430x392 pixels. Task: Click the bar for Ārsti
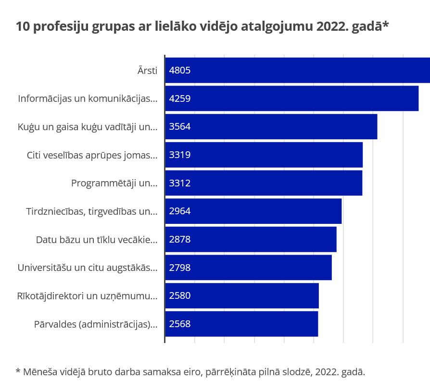point(297,70)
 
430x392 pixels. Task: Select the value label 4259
point(180,99)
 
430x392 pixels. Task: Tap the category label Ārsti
point(147,71)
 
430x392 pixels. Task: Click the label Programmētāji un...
point(114,183)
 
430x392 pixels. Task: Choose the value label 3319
point(180,155)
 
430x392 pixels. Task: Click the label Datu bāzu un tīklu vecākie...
point(97,239)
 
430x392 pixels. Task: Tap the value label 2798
point(180,268)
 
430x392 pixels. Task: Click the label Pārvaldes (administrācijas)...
point(96,324)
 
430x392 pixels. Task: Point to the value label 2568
point(180,324)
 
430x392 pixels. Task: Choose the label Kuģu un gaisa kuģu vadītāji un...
point(88,127)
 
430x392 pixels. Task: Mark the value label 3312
point(180,183)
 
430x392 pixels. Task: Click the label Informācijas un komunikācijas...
point(88,99)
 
